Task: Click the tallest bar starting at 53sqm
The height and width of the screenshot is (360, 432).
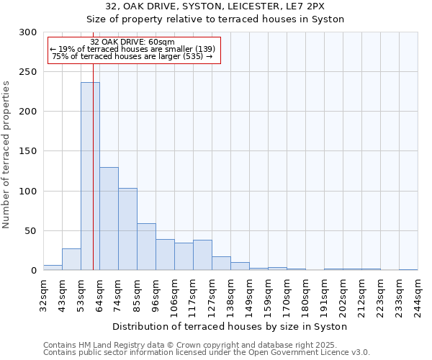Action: [90, 176]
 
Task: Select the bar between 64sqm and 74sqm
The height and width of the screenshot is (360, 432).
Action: [109, 219]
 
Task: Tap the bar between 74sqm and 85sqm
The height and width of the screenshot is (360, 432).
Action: [127, 229]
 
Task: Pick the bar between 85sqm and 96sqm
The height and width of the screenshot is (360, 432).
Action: [146, 247]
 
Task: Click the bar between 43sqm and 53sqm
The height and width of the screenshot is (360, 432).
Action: [71, 259]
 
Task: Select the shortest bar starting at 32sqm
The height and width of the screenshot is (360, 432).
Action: [53, 268]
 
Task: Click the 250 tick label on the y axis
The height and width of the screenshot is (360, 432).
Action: [28, 72]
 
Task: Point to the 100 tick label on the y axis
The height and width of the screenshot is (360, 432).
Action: [28, 192]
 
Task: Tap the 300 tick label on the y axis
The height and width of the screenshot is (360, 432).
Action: [28, 32]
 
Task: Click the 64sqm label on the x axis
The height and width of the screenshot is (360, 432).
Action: [100, 294]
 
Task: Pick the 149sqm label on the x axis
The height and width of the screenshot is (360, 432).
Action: [250, 294]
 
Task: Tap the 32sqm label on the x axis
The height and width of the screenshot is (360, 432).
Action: [44, 294]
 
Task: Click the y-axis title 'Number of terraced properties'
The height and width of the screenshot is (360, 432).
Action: [7, 155]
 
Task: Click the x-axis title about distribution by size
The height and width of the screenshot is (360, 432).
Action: [230, 326]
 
